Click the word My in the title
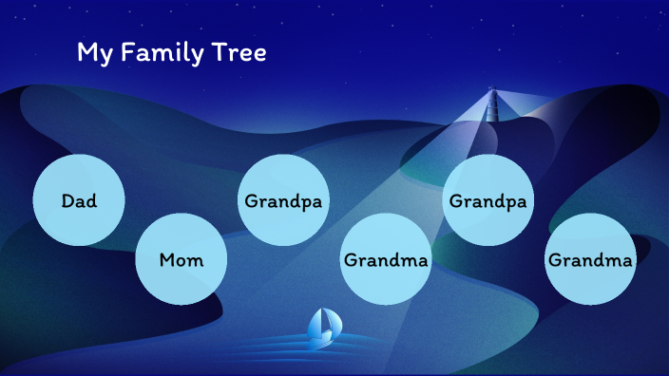[x=92, y=54]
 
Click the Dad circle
[x=79, y=200]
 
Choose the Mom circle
[x=181, y=259]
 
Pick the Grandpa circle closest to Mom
[x=283, y=201]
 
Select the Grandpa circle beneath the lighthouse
[x=488, y=200]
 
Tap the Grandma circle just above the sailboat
[x=386, y=259]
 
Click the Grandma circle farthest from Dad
[x=590, y=259]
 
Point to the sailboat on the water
[x=322, y=328]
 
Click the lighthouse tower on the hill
[x=492, y=106]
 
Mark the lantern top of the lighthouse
[x=492, y=92]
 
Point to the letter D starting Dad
[x=67, y=200]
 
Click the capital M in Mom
[x=168, y=259]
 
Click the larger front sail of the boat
[x=318, y=325]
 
